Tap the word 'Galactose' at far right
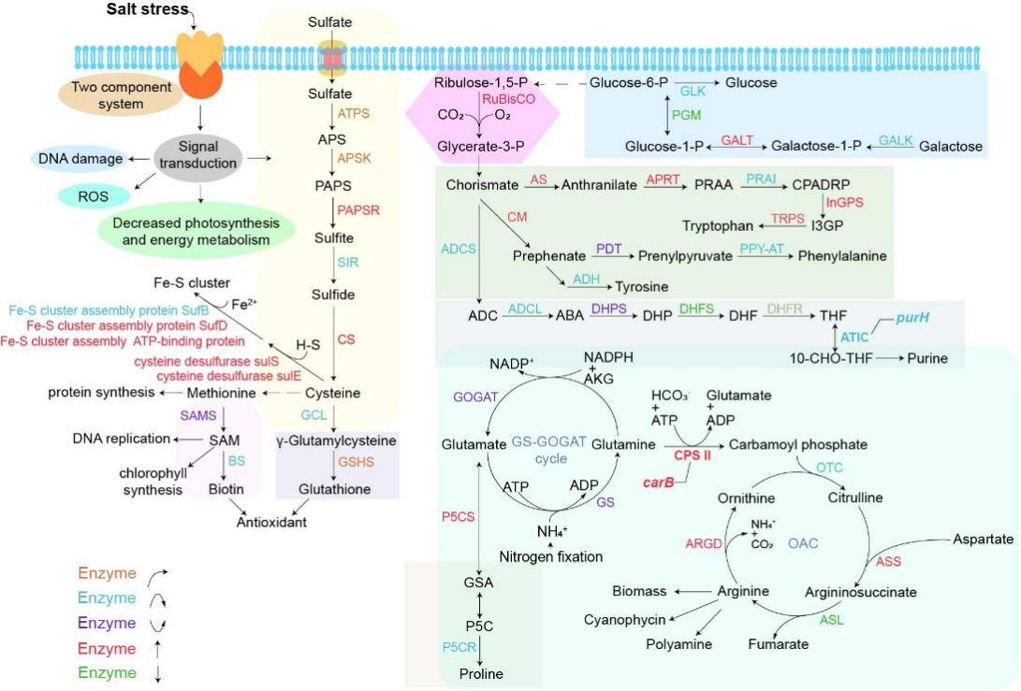951,148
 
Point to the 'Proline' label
480,674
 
